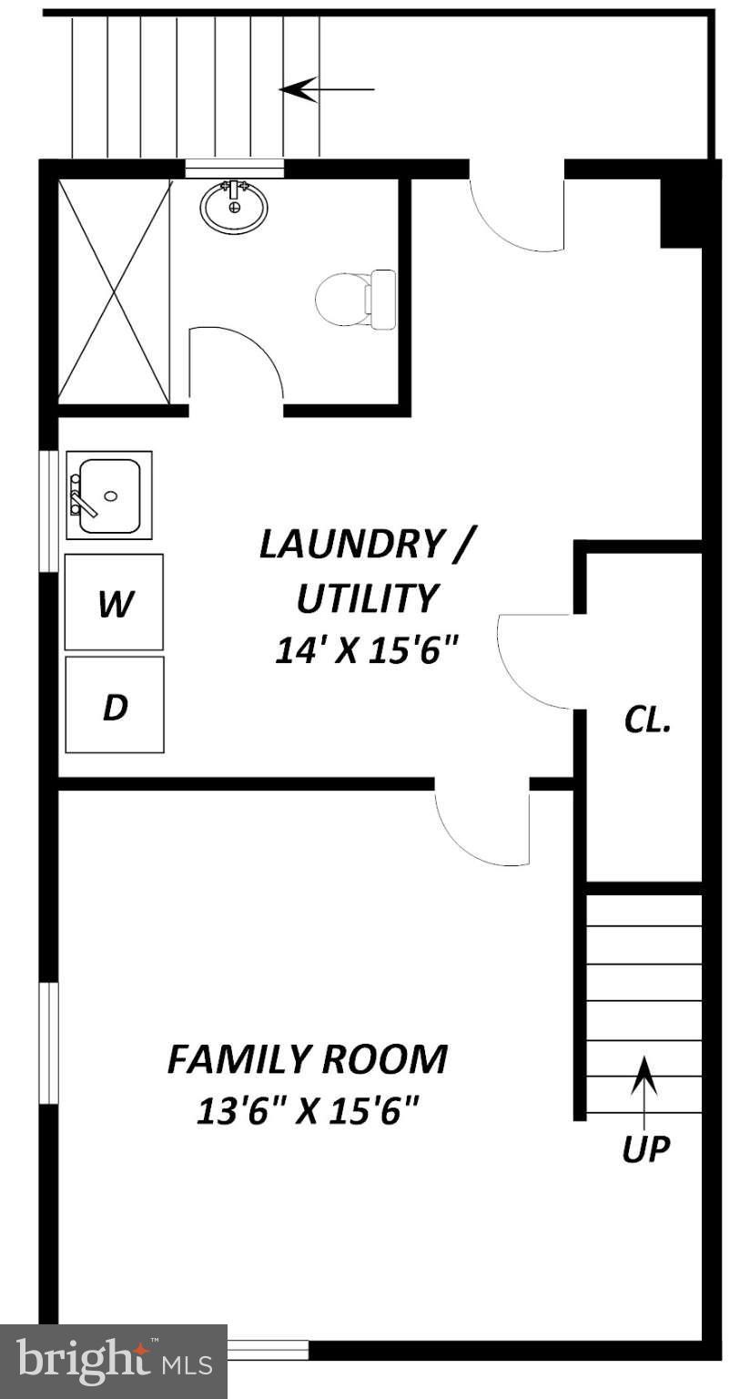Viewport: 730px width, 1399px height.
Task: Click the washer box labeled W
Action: coord(114,602)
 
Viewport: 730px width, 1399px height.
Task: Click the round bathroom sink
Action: coord(234,207)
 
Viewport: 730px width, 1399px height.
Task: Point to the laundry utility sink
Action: coord(109,495)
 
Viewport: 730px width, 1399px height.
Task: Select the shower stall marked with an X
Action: coord(114,290)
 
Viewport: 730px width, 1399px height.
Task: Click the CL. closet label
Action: coord(647,720)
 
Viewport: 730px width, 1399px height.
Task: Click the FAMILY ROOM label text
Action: coord(308,1060)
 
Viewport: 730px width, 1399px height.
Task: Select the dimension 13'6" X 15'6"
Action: coord(308,1111)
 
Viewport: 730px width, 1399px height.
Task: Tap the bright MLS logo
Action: coord(114,1362)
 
